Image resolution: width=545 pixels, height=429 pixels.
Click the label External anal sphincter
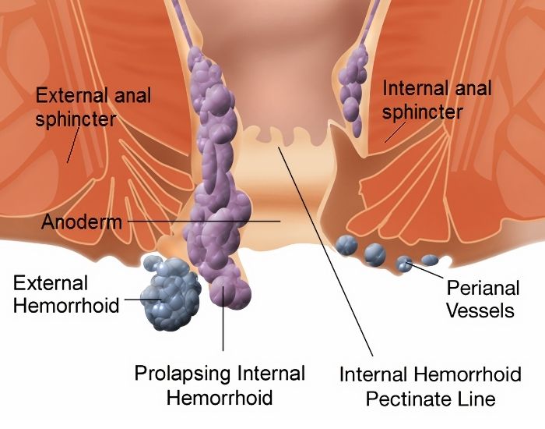click(93, 108)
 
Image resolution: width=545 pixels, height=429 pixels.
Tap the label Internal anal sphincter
click(437, 100)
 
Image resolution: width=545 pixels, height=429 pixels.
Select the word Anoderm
click(81, 222)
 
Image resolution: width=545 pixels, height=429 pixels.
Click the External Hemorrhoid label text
click(66, 293)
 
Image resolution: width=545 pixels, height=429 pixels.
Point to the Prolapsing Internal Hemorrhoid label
click(220, 385)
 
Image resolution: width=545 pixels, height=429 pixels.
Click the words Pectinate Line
click(431, 399)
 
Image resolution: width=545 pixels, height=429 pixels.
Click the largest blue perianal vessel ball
click(375, 253)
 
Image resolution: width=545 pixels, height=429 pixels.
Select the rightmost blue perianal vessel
click(430, 260)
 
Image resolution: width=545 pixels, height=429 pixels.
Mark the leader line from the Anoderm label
click(202, 222)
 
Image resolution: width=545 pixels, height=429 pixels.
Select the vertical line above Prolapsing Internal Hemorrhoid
click(223, 328)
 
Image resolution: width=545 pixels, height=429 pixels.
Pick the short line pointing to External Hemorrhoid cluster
click(140, 299)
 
